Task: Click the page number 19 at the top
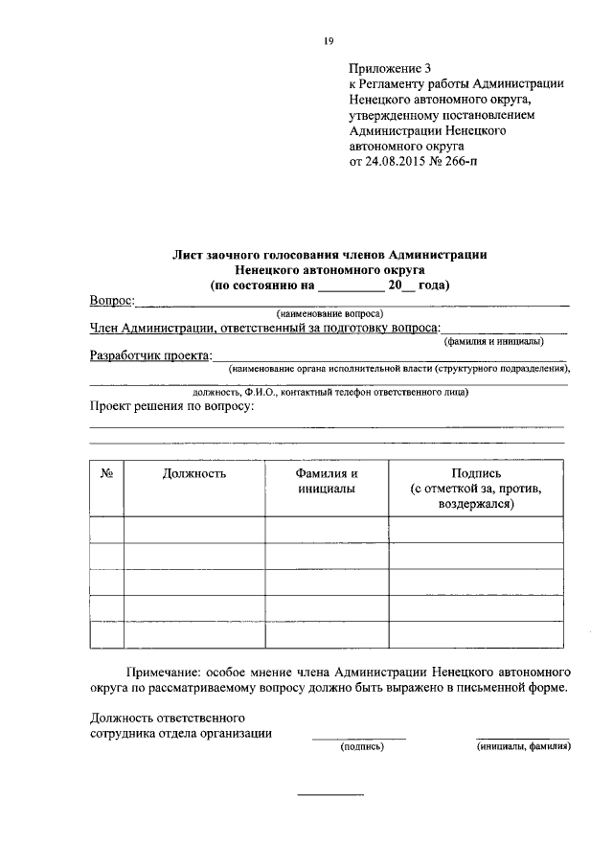[329, 40]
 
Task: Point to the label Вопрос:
[112, 301]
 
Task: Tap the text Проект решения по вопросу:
[171, 407]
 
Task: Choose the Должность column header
[194, 473]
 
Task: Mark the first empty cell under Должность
[194, 529]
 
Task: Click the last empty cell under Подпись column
[476, 634]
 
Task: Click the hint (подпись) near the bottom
[362, 747]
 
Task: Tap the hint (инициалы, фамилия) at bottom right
[523, 747]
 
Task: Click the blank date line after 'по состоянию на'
[350, 286]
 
